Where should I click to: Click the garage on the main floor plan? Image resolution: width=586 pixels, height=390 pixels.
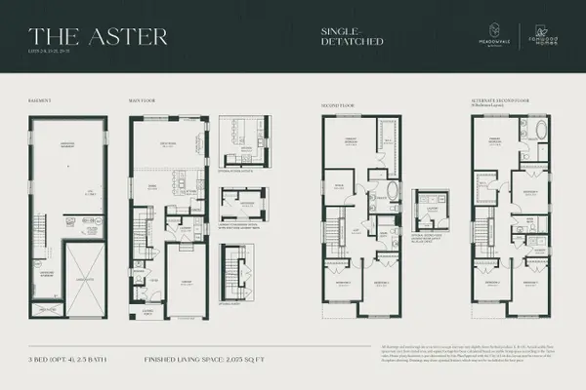(185, 283)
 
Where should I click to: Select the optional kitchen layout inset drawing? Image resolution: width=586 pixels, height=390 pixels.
(238, 141)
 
